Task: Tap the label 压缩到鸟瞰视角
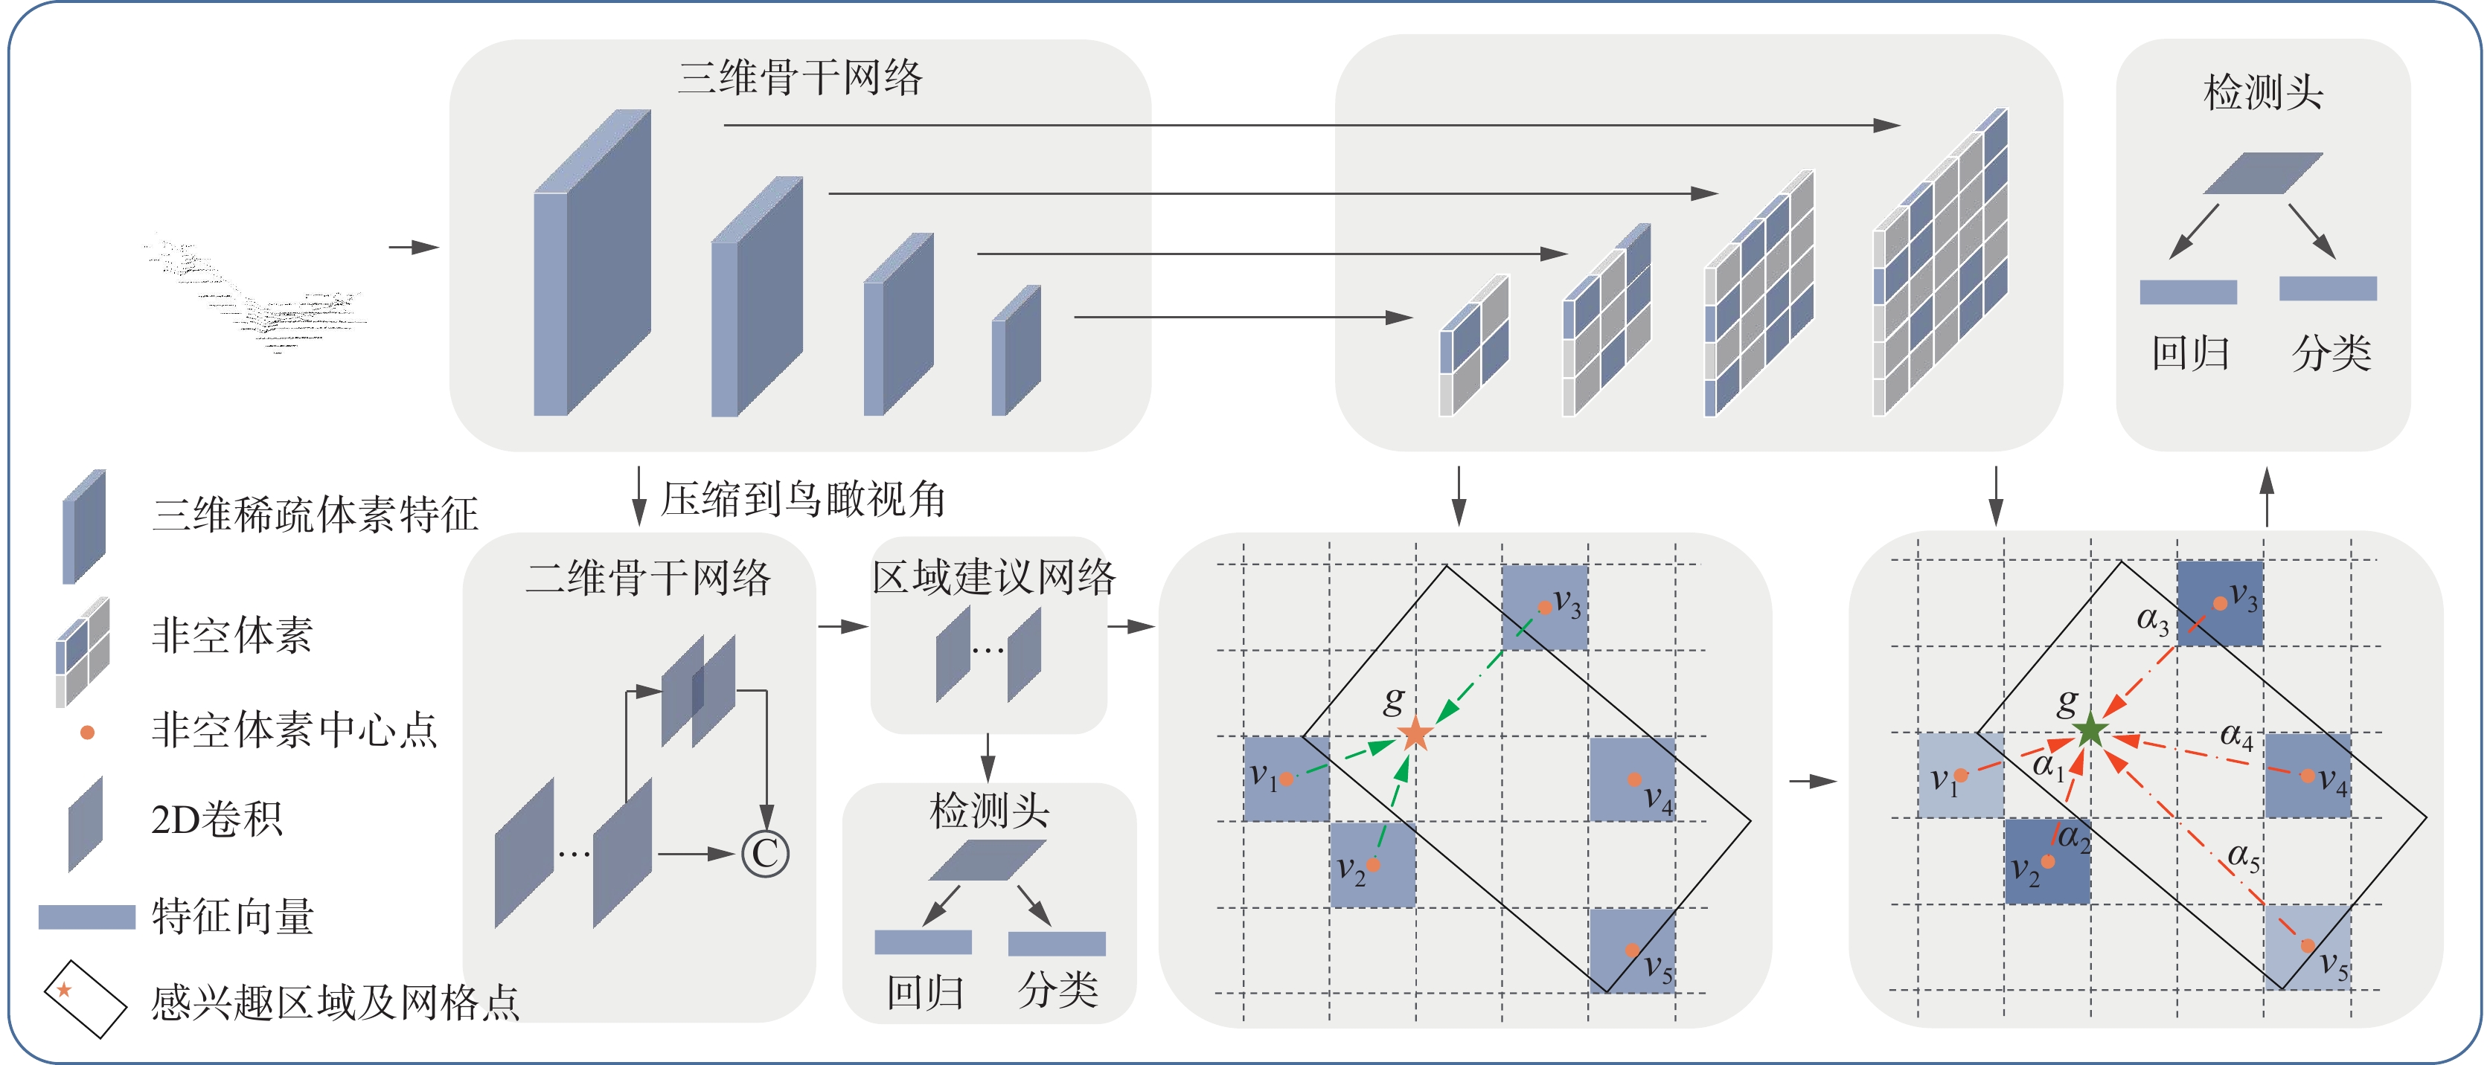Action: [802, 500]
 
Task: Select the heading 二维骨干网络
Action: [647, 578]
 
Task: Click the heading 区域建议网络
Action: [993, 577]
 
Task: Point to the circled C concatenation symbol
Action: [764, 853]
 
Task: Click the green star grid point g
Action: [2090, 730]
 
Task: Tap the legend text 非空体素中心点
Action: [294, 730]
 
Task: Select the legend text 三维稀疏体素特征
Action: [315, 514]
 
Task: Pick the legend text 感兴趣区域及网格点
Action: [334, 1003]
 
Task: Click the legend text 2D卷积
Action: [217, 820]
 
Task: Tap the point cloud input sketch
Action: [256, 295]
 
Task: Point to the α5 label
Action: [2242, 856]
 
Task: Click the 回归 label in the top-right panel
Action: [2189, 353]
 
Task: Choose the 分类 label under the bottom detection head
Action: [1057, 991]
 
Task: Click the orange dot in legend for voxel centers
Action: [87, 733]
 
